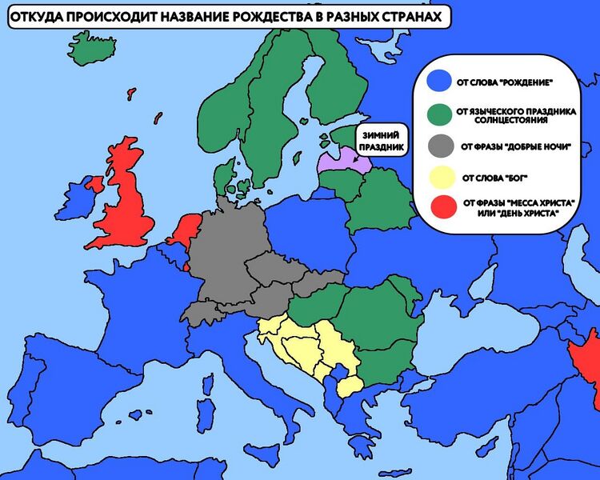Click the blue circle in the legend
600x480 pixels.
(x=439, y=82)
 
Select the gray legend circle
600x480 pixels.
(x=439, y=146)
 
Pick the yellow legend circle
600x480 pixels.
(x=439, y=177)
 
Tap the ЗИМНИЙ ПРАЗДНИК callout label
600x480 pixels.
(x=382, y=141)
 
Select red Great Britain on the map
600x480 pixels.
(x=128, y=200)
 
